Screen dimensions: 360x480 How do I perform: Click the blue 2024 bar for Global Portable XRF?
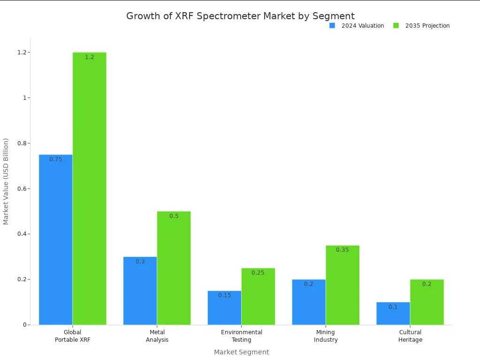(56, 240)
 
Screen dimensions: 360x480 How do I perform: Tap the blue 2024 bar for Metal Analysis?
(140, 291)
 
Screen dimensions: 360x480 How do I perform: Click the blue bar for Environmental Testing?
(225, 307)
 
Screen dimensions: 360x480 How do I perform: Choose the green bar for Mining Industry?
(343, 285)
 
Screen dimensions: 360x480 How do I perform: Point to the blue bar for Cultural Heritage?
(393, 313)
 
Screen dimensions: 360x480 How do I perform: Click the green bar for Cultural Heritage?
(427, 302)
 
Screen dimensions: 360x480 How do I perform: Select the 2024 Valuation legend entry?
(357, 26)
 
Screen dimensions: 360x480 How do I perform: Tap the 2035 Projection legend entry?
(422, 26)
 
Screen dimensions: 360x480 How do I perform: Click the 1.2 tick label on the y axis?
(21, 52)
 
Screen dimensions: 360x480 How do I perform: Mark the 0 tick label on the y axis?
(25, 325)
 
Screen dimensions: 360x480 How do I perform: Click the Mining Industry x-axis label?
(326, 336)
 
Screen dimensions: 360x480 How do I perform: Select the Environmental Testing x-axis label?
(242, 336)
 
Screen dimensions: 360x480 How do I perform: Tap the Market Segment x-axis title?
(242, 352)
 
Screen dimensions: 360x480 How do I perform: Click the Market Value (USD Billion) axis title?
(6, 181)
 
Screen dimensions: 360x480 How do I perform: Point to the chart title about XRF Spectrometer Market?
(240, 16)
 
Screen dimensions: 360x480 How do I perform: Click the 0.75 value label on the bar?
(56, 159)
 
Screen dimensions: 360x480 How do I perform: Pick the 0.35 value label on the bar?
(343, 250)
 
